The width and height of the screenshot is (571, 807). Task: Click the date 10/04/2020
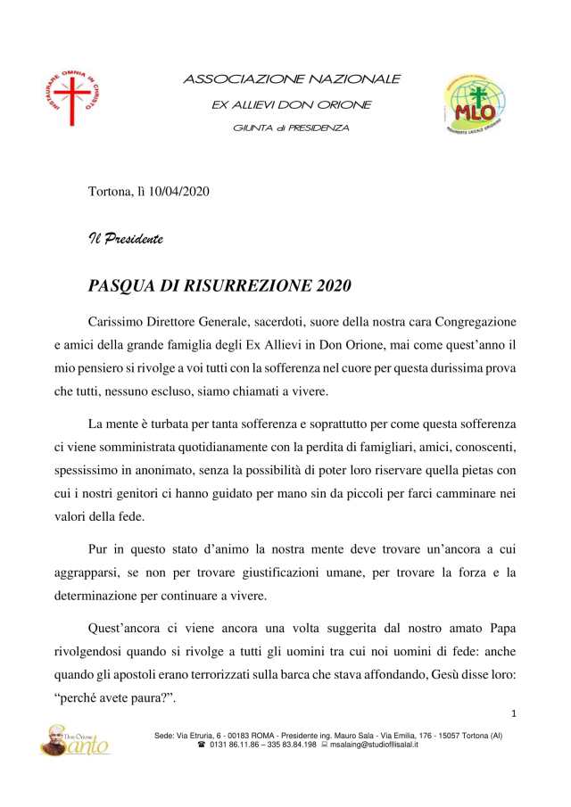pos(178,193)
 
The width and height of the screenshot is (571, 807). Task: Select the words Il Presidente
pos(125,238)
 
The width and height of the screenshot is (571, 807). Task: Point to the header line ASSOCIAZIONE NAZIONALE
pos(292,79)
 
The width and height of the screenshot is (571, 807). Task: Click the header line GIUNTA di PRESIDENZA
pos(291,128)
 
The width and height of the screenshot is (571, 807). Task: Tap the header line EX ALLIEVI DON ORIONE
pos(291,104)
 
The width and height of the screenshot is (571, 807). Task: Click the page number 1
pos(515,713)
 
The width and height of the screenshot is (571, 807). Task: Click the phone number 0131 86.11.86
pos(237,744)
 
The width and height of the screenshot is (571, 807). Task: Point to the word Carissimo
pos(118,319)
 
